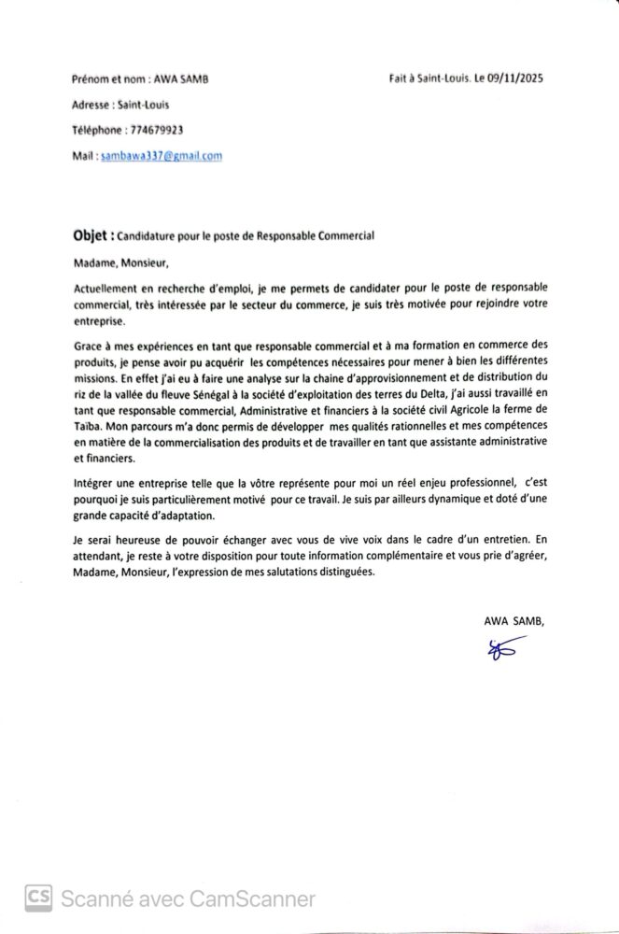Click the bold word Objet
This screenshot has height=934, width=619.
pyautogui.click(x=91, y=235)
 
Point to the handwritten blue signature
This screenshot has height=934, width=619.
pyautogui.click(x=505, y=650)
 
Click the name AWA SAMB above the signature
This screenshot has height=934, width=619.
pyautogui.click(x=512, y=620)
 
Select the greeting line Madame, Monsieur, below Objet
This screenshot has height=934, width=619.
pyautogui.click(x=117, y=263)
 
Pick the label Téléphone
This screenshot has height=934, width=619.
pyautogui.click(x=95, y=130)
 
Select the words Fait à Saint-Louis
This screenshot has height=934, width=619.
pyautogui.click(x=425, y=79)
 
